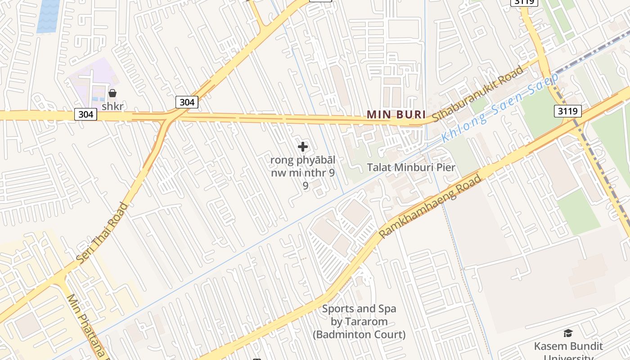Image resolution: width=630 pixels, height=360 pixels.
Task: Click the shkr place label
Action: pos(112,107)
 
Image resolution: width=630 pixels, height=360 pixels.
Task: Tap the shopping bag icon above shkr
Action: pos(112,93)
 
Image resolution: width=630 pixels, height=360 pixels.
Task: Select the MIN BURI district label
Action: pos(396,114)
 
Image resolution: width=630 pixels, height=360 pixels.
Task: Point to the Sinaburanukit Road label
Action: pos(478,94)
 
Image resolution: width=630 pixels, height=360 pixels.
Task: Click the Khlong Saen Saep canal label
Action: pos(499,108)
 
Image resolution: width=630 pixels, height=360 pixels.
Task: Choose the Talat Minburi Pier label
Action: pos(411,167)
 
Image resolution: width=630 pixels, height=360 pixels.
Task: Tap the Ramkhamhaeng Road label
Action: pos(430,207)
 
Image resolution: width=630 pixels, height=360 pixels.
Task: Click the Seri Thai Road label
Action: pos(103,233)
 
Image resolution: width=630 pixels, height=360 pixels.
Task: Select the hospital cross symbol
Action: pos(303,147)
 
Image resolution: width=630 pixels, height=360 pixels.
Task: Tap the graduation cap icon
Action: pos(568,333)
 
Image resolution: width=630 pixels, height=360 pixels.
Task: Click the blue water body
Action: pos(48,16)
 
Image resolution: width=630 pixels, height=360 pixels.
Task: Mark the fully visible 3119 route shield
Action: pos(567,111)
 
